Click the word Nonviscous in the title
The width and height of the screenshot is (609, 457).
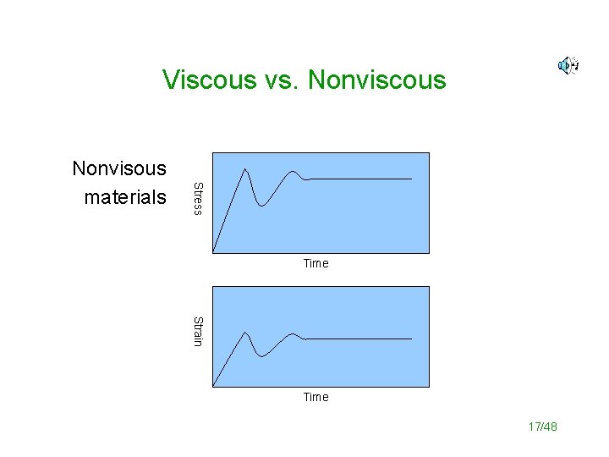point(377,80)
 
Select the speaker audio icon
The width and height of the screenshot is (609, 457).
point(568,65)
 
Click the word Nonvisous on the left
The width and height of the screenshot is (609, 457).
point(119,168)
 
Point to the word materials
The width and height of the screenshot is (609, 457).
point(125,198)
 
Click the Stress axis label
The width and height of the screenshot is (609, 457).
point(197,198)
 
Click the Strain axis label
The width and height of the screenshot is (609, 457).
point(197,331)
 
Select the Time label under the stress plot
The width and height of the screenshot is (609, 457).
point(315,263)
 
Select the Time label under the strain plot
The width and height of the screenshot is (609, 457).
point(315,397)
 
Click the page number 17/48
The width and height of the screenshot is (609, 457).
point(542,427)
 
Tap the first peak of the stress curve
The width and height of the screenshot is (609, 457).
point(245,168)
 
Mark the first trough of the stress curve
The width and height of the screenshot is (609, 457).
point(263,206)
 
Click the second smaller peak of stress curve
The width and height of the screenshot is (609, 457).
point(294,172)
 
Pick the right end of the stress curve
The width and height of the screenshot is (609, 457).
point(411,179)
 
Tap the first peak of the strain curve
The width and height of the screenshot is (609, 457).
point(245,332)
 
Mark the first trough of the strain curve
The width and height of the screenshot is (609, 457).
point(262,357)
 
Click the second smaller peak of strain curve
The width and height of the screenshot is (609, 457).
point(294,334)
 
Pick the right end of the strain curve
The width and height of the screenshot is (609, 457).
point(411,339)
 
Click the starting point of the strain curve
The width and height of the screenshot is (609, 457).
point(214,385)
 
